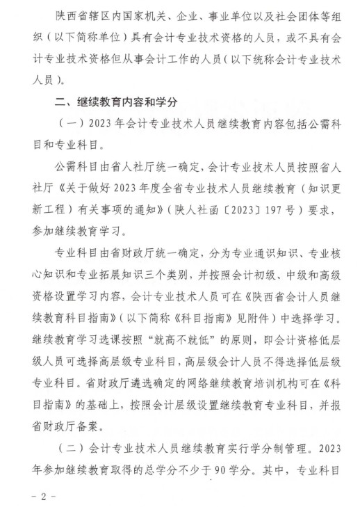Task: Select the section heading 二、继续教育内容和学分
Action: (x=118, y=102)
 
